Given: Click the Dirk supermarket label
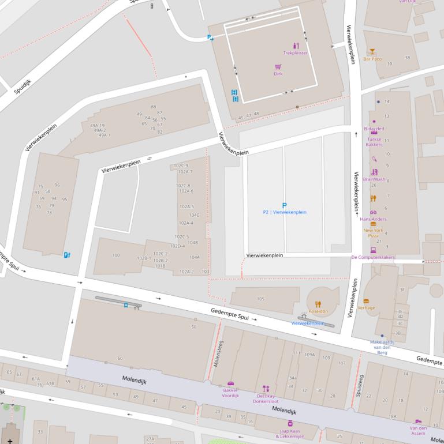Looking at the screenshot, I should [278, 74].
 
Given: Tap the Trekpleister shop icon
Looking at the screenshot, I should [296, 46].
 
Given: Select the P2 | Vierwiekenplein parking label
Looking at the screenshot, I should [284, 212].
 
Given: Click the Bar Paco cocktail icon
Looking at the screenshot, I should [372, 52].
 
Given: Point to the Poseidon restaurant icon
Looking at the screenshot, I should [318, 304].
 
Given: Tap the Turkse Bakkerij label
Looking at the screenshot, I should [374, 142].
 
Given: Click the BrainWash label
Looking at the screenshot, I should [374, 179].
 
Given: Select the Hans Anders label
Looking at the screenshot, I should [373, 219].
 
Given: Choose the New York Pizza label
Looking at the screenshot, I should [373, 233].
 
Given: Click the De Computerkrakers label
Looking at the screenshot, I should [373, 257].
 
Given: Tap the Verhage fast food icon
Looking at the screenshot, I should [366, 301].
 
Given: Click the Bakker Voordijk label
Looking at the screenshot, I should [231, 392].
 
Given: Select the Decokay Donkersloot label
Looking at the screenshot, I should [266, 398].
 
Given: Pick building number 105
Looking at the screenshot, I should [260, 299].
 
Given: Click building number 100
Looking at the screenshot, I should [116, 255].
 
